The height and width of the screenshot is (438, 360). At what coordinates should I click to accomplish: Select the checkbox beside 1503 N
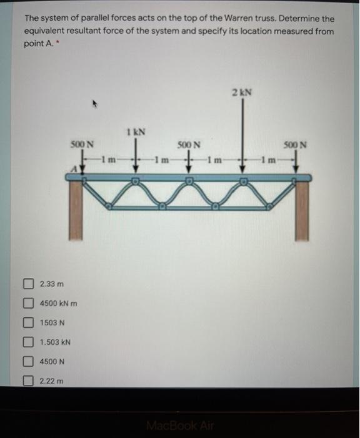pyautogui.click(x=27, y=323)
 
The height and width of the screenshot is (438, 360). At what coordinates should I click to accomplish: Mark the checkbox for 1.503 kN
pyautogui.click(x=27, y=342)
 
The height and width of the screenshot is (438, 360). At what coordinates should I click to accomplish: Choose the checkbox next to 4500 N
pyautogui.click(x=27, y=362)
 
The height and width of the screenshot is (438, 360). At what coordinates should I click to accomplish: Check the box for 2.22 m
pyautogui.click(x=27, y=381)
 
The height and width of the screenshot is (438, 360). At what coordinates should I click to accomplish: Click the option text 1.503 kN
pyautogui.click(x=55, y=342)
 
